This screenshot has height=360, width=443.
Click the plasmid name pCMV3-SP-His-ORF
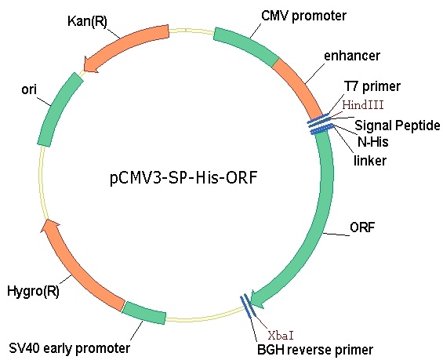coord(183,178)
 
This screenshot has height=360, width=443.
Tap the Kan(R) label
coord(87,21)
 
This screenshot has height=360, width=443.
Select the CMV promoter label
coord(303,16)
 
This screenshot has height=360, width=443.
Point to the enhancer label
coord(352,56)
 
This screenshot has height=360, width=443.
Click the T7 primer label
coord(372,86)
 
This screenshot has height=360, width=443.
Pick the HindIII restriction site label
coord(363,105)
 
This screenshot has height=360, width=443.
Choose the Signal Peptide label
coord(398,125)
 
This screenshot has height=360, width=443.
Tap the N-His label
coord(373,142)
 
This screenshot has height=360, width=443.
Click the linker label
coord(370,161)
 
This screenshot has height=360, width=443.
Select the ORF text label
coord(362,227)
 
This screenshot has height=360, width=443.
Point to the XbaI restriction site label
coord(281,336)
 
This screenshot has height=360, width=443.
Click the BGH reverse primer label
coord(315,350)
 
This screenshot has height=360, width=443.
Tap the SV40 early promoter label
coord(70,348)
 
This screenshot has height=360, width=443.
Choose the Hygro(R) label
coord(33,291)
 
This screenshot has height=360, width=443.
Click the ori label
coord(29,89)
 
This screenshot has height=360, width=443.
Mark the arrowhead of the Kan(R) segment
coord(91,65)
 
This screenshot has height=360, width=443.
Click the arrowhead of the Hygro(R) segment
coord(49,227)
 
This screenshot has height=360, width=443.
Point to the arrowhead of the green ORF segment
coord(257,299)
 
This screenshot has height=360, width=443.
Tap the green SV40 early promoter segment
coord(144,312)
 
